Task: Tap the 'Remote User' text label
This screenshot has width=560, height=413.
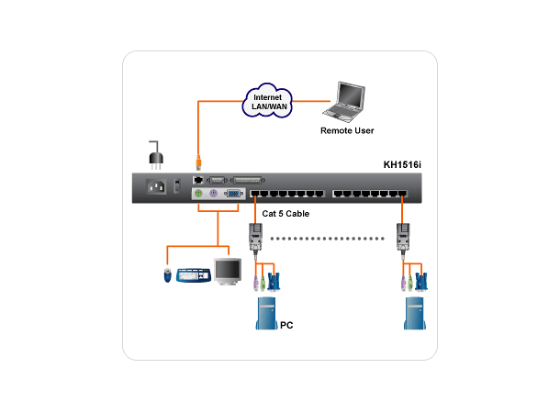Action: coord(347,131)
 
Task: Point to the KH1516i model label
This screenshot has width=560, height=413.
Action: coord(404,166)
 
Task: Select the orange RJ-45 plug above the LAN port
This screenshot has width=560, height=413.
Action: coord(196,165)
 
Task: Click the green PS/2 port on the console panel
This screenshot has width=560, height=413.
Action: coord(198,195)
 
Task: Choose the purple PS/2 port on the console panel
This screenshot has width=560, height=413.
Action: coord(212,195)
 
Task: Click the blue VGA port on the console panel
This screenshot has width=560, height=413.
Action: coord(233,195)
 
